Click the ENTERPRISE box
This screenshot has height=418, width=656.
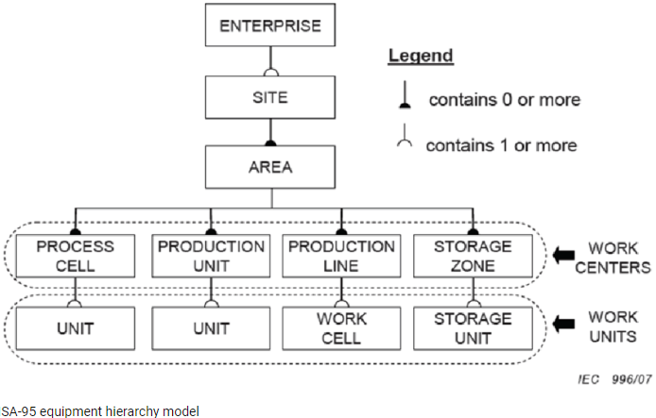point(270,25)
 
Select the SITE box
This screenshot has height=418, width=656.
point(270,96)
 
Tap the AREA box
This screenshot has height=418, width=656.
point(270,167)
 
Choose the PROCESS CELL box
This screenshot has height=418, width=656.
point(75,256)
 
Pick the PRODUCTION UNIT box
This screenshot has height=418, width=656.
point(211,256)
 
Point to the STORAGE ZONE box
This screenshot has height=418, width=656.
point(473,256)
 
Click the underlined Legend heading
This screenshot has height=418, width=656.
point(421,56)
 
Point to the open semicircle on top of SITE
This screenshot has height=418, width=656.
point(270,73)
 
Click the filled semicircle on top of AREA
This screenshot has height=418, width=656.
point(270,143)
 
